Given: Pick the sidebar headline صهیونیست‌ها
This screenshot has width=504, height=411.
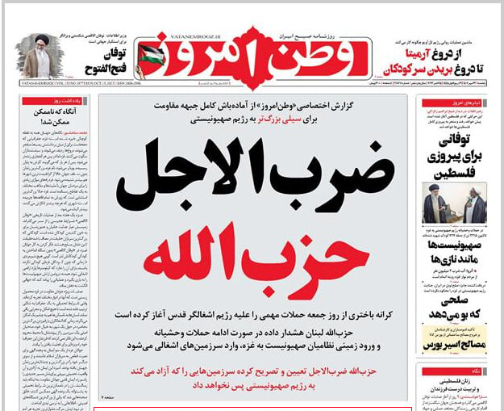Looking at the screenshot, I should pyautogui.click(x=455, y=247).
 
